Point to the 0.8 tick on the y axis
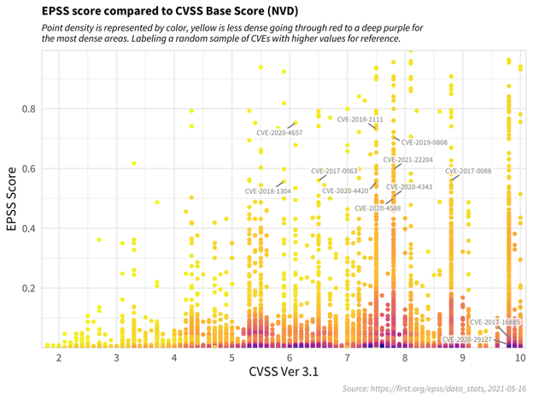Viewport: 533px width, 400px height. click(29, 109)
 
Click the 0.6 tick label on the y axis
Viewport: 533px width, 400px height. click(29, 168)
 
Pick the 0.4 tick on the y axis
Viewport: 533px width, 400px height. click(29, 228)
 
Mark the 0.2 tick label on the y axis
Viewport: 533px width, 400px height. click(29, 288)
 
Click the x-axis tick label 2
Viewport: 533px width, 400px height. click(59, 356)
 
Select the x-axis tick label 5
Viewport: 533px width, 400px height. click(231, 356)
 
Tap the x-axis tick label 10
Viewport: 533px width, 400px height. click(519, 356)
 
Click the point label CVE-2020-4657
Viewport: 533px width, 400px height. click(279, 133)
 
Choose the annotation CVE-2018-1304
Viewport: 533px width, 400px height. click(267, 191)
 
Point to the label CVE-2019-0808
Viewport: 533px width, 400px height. click(425, 143)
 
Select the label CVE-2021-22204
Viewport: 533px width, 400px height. click(407, 160)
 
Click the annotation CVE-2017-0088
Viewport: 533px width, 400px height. click(468, 171)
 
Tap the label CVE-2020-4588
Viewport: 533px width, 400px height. click(378, 208)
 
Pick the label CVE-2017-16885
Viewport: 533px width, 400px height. click(495, 322)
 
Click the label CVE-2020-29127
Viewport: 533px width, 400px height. click(469, 339)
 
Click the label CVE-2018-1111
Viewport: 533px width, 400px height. click(360, 120)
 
